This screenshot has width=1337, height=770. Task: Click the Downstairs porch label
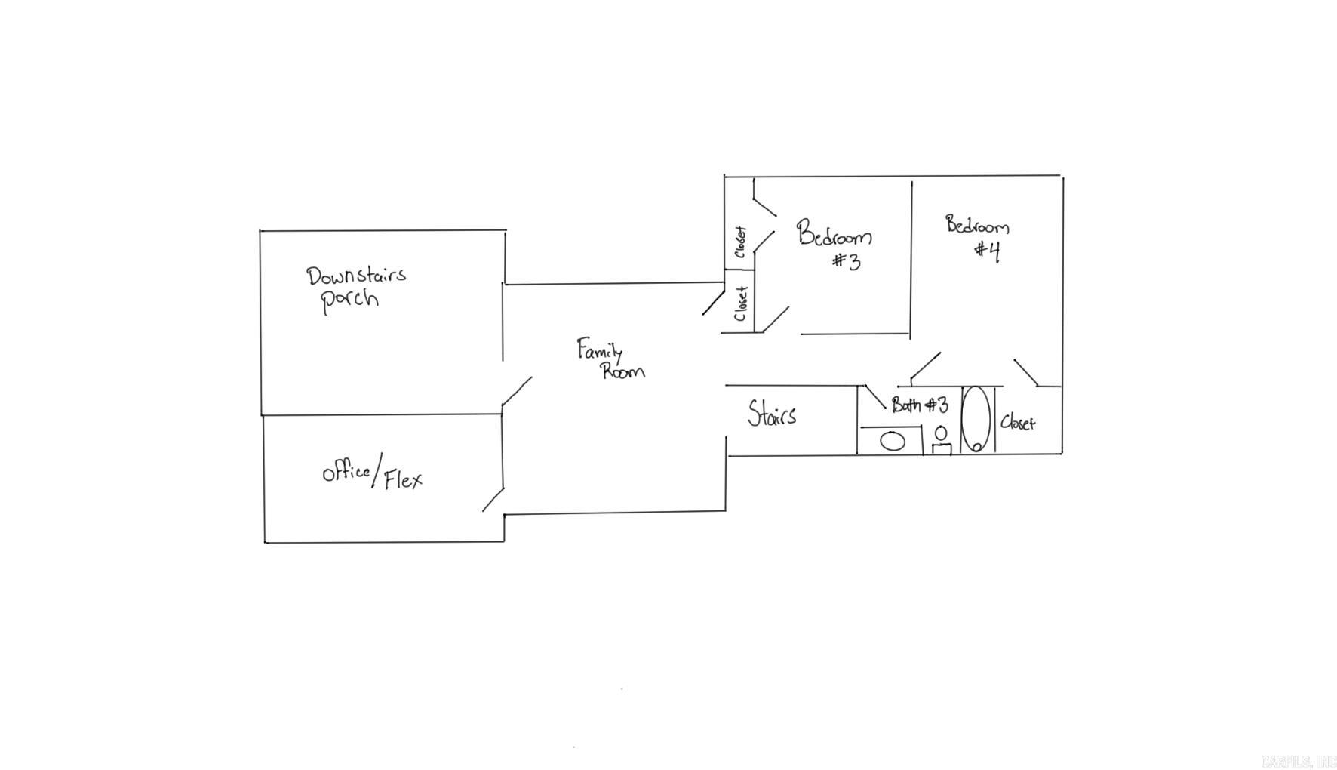(355, 287)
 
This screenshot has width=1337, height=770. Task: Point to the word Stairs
(771, 414)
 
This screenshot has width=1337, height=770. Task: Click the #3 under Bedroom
(847, 261)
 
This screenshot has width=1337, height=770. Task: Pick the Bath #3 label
(919, 405)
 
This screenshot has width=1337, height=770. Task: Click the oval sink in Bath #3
(893, 441)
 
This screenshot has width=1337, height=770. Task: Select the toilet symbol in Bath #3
(941, 440)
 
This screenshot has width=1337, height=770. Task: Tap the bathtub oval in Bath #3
(976, 419)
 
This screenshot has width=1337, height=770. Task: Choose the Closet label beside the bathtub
(1017, 423)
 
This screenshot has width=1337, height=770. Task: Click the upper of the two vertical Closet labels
(740, 242)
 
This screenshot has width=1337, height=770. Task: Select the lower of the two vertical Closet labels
(741, 303)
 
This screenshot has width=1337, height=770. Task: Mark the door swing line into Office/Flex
(493, 500)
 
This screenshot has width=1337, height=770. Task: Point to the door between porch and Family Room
(517, 392)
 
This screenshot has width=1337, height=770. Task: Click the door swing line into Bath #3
(875, 397)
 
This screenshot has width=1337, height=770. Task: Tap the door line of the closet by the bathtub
(1025, 373)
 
